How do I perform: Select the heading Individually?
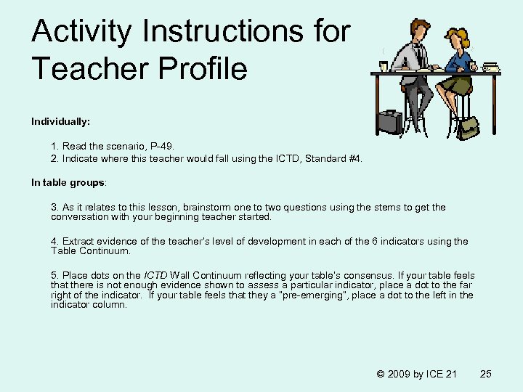point(60,121)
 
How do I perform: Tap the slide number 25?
point(486,374)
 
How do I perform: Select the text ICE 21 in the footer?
point(442,374)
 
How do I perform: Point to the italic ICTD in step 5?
point(155,276)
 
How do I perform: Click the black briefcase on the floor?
point(391,121)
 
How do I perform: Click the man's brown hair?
point(420,26)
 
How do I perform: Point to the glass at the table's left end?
point(383,66)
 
